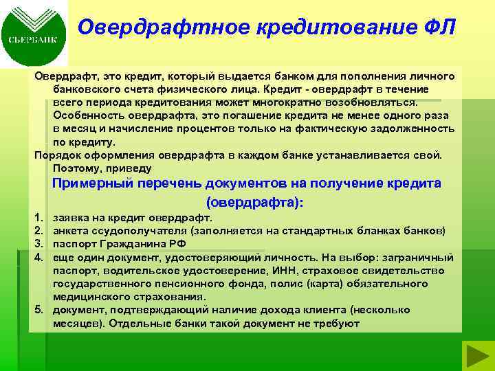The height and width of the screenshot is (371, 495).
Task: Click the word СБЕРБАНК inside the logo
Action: pyautogui.click(x=34, y=40)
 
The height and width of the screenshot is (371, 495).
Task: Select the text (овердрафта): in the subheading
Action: pyautogui.click(x=254, y=203)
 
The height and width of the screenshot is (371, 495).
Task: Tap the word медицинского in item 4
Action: pyautogui.click(x=88, y=297)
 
